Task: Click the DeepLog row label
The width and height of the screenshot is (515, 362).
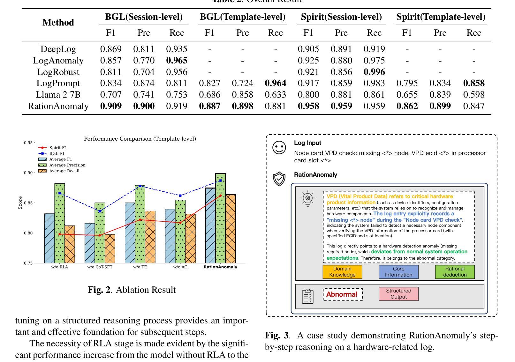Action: pos(58,49)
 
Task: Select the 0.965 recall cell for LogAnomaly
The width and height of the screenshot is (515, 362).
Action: pos(177,61)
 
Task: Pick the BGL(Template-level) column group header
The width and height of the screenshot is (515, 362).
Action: pos(243,17)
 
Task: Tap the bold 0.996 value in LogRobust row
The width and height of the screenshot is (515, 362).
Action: pos(374,72)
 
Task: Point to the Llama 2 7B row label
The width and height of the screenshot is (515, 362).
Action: pos(58,95)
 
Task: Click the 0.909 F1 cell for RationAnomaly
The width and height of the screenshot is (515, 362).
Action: pos(111,106)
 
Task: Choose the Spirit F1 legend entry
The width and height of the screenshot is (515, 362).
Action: pos(58,148)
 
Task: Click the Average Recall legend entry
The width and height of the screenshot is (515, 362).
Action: pos(64,171)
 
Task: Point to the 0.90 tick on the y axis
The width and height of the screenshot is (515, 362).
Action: pos(29,173)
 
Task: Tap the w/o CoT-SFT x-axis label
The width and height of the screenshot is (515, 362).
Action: pos(100,267)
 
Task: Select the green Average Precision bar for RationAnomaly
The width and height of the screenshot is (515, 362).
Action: pos(221,220)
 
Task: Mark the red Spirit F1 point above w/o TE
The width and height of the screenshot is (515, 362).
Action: pos(140,220)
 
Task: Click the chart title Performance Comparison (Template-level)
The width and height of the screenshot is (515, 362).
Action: pos(140,139)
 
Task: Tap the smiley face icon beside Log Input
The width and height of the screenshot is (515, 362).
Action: pos(279,148)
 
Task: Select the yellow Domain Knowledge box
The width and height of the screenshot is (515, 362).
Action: pos(342,272)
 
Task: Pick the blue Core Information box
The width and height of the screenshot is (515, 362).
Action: pos(398,272)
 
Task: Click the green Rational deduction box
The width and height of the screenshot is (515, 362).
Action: pos(455,272)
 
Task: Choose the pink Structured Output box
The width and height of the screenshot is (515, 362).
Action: pos(398,294)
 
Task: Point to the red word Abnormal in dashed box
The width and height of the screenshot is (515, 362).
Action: pos(342,294)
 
